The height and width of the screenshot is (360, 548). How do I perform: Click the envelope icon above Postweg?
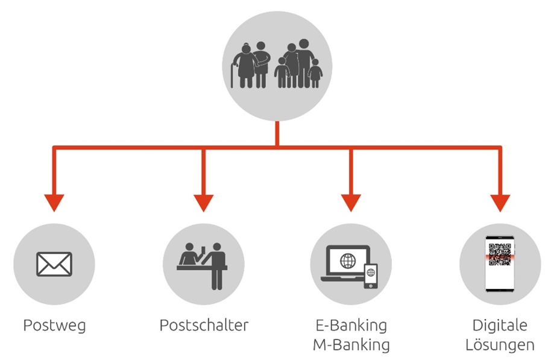click(x=54, y=264)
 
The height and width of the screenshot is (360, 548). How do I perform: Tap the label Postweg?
click(x=54, y=326)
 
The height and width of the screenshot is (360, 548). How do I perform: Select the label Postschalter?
click(x=204, y=326)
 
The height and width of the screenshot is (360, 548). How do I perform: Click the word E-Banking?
click(x=351, y=326)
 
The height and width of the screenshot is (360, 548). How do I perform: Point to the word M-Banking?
click(x=351, y=345)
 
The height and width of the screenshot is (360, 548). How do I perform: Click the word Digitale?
click(x=500, y=326)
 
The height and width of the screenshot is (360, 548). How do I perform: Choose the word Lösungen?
click(x=500, y=345)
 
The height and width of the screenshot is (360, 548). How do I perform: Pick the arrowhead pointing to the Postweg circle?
click(x=54, y=203)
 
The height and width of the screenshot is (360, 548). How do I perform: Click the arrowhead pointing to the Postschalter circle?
click(x=204, y=203)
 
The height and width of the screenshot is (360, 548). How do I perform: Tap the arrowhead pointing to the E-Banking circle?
click(x=351, y=203)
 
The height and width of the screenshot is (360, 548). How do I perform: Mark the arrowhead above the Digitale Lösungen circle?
click(x=500, y=203)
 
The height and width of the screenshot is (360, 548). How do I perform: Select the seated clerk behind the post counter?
click(x=188, y=253)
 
